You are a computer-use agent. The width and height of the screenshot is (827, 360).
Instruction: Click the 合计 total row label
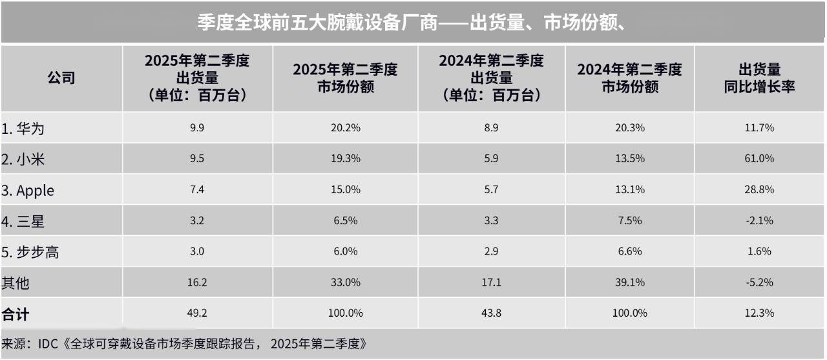pos(16,314)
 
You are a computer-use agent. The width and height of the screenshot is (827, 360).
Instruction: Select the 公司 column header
pos(61,78)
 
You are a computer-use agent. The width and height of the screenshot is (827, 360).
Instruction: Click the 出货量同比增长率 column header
pos(759,78)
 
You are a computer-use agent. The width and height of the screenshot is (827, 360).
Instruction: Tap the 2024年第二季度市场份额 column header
pos(629,78)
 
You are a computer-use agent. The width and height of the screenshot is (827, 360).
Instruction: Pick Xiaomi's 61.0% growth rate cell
pos(759,159)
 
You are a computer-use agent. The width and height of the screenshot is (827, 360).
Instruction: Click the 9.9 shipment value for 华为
pos(196,128)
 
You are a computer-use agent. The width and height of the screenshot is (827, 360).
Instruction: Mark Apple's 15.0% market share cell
pos(344,190)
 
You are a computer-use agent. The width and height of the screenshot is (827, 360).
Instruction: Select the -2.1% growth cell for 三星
pos(759,221)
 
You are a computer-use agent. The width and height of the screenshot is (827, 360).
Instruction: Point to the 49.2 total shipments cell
pos(196,313)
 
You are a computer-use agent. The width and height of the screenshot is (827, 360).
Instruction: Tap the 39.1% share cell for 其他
pos(629,282)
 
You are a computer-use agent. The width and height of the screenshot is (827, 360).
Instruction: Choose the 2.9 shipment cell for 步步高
pos(491,251)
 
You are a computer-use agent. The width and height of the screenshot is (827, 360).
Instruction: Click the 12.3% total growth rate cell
pos(759,313)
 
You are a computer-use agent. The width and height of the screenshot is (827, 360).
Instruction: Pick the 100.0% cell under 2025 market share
pos(344,313)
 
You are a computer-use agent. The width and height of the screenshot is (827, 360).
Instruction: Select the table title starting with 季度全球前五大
pos(410,23)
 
